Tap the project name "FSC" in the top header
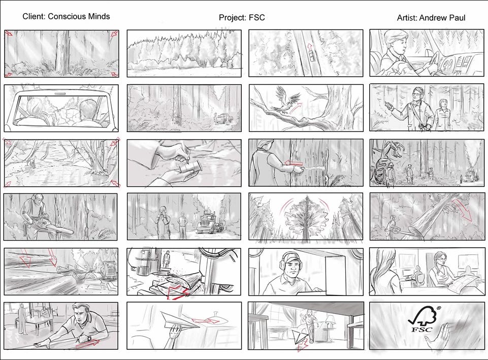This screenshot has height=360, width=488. [x=257, y=17]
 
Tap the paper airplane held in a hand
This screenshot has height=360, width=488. [x=180, y=320]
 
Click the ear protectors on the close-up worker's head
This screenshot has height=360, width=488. [x=291, y=263]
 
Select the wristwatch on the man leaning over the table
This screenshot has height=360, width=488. [x=89, y=338]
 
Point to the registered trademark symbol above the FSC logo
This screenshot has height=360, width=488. [x=439, y=308]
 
